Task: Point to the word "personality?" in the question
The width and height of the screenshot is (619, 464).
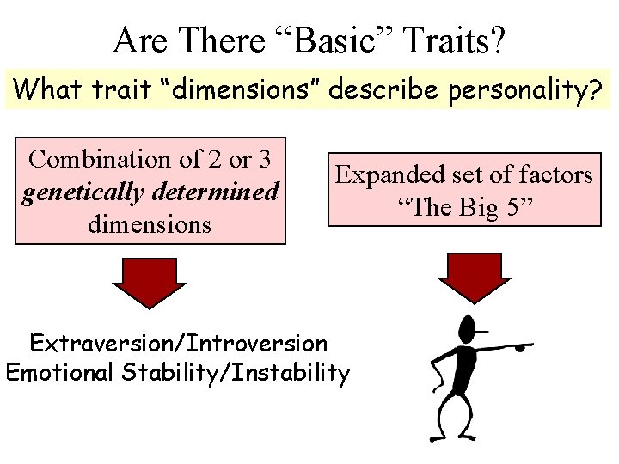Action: tap(526, 88)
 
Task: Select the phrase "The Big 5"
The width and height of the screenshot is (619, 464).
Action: tap(464, 206)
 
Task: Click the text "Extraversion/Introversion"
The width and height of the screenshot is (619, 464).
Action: tap(179, 344)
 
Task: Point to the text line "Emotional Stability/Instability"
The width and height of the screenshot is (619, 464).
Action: tap(178, 373)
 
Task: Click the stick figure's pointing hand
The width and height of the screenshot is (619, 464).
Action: tap(523, 347)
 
